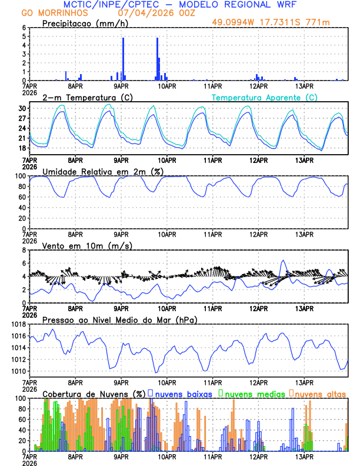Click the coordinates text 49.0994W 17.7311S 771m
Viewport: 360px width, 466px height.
click(x=278, y=23)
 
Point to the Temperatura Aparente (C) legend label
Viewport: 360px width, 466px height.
click(x=264, y=97)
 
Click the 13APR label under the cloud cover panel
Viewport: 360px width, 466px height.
click(x=304, y=456)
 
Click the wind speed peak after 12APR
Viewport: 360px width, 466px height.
click(x=284, y=260)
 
